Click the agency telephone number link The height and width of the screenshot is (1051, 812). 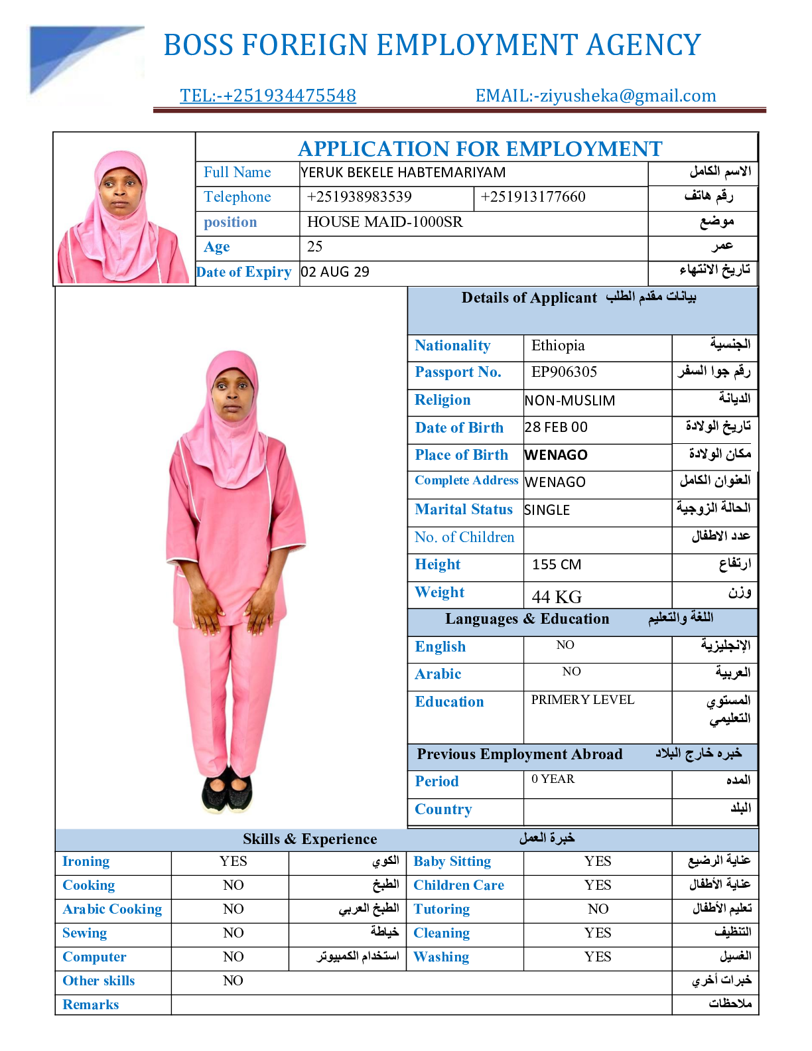click(268, 96)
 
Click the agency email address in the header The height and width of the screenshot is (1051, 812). click(596, 96)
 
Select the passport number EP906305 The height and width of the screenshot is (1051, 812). click(564, 372)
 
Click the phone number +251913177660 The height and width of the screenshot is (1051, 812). click(533, 197)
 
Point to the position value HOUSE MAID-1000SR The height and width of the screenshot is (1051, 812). click(385, 222)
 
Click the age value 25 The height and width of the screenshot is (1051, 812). click(315, 247)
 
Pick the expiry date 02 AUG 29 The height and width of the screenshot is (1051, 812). click(335, 272)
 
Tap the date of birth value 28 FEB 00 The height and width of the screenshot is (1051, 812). click(556, 427)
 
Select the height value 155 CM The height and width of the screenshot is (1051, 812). click(557, 565)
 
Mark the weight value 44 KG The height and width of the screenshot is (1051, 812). click(557, 597)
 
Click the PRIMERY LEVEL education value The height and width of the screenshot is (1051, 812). click(582, 700)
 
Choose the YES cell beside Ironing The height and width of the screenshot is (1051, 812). click(234, 861)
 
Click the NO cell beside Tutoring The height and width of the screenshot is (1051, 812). click(598, 909)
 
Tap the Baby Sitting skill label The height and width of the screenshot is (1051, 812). click(452, 861)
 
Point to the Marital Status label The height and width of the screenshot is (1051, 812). click(464, 510)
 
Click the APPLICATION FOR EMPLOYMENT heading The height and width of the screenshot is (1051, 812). click(480, 149)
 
